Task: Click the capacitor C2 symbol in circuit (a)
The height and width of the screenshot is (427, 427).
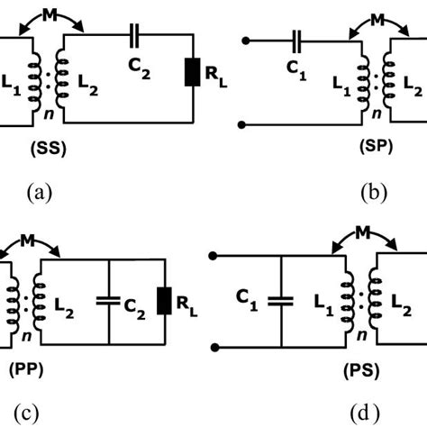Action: (135, 37)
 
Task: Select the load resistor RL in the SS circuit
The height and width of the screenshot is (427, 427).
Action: (192, 71)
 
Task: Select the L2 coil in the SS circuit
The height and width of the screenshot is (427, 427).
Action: (62, 77)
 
